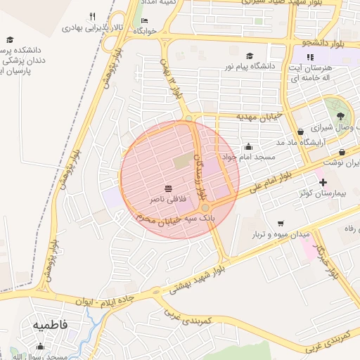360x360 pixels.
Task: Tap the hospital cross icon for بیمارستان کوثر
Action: (x=323, y=181)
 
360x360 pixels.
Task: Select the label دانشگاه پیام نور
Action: (x=228, y=66)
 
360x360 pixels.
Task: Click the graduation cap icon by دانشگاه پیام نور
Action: (x=249, y=56)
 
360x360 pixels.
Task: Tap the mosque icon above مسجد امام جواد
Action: (x=248, y=147)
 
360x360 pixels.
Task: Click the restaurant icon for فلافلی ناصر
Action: (x=169, y=188)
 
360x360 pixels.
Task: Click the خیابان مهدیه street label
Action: (x=259, y=115)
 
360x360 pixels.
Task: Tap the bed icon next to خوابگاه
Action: (x=144, y=21)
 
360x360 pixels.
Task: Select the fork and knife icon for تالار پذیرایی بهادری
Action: (x=92, y=17)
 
